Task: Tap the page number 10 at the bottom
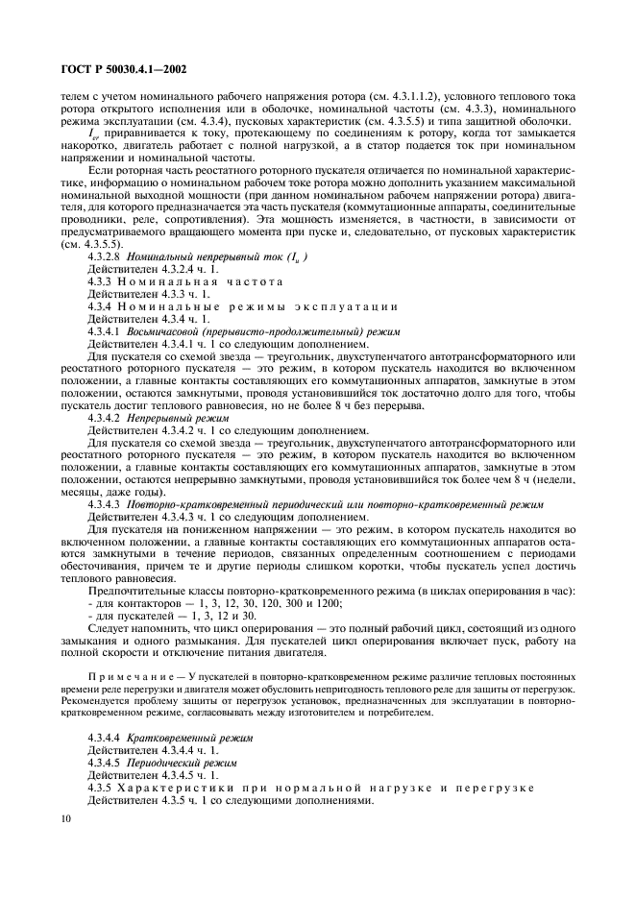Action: coord(64,818)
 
